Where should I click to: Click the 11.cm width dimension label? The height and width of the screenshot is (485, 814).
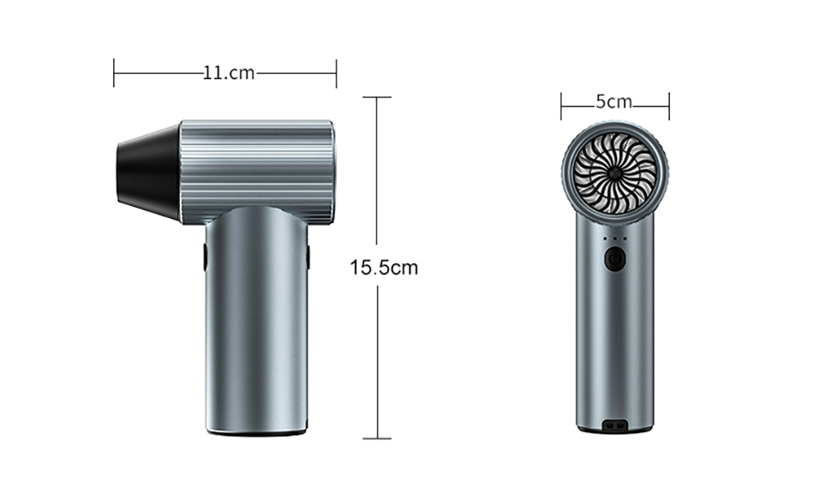pos(228,73)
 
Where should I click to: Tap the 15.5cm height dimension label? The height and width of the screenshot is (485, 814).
pos(383,267)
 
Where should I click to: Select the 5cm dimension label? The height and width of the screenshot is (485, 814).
pos(614,102)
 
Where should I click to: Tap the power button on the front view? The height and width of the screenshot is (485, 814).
pos(615,260)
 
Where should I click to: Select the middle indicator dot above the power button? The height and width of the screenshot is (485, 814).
pos(615,239)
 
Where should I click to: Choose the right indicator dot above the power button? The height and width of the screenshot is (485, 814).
pos(625,239)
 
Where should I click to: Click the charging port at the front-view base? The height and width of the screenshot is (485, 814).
pos(615,426)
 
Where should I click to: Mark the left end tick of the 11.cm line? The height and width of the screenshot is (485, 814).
pos(114,73)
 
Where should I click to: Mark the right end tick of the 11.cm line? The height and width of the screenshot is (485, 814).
pos(336,73)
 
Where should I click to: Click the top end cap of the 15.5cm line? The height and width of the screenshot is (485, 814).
pos(377,97)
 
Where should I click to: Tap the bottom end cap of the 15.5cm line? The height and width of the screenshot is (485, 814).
pos(377,439)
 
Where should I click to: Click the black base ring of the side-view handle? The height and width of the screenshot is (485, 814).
pos(256,433)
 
